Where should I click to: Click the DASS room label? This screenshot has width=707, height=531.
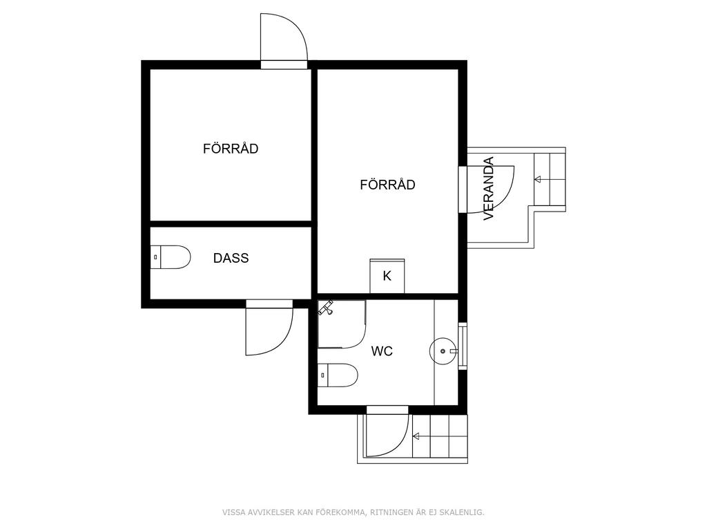tap(231, 259)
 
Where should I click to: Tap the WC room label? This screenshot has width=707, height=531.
tap(382, 351)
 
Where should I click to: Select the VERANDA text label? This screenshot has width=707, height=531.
tap(489, 188)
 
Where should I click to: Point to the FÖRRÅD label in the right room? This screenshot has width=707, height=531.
tap(388, 184)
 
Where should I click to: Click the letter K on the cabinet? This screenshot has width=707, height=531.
tap(387, 276)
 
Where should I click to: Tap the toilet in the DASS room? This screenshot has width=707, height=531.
tap(170, 257)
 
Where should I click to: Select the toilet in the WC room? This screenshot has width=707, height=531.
tap(338, 375)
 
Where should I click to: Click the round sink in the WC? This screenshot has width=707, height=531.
tap(441, 351)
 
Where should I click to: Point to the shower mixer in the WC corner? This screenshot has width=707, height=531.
tap(326, 308)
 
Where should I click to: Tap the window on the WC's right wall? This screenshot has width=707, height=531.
tap(463, 346)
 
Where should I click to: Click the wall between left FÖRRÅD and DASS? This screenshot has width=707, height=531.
tap(231, 224)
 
